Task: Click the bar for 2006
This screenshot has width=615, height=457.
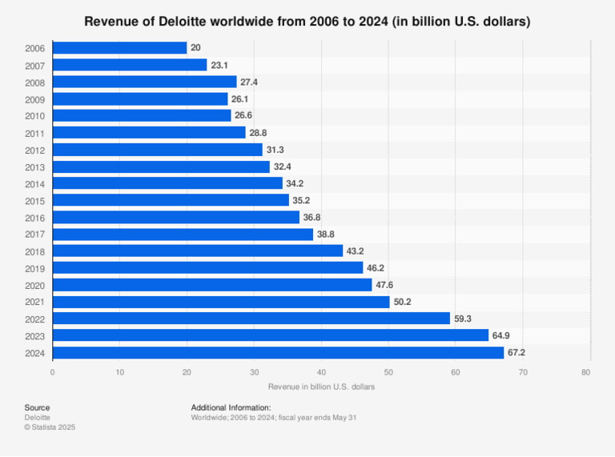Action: coord(119,48)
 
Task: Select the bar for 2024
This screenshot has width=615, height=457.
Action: coord(278,352)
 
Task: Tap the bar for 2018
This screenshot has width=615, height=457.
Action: coord(197,251)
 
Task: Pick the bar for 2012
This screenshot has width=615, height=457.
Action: coord(157,150)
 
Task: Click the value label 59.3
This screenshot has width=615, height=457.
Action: coord(464,319)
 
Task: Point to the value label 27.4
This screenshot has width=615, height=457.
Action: coord(251,82)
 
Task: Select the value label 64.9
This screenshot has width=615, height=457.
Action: coord(502,335)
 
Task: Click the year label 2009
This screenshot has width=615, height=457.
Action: coord(35,99)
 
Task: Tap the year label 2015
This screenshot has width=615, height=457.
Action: coord(35,200)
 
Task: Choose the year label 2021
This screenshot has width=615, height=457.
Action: coord(35,302)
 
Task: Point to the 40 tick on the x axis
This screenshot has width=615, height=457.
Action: coord(321,372)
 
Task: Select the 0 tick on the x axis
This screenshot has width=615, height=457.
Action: coord(53,372)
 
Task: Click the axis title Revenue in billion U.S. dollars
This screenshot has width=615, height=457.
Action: coord(321,387)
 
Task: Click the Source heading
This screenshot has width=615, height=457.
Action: coord(37,407)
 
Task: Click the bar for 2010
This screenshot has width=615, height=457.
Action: coord(142,116)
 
